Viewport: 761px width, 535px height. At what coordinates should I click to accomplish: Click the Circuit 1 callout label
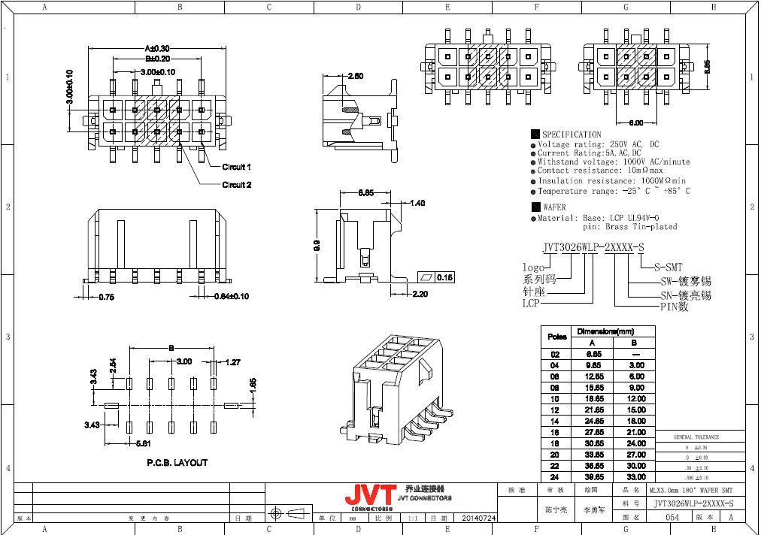pyautogui.click(x=236, y=167)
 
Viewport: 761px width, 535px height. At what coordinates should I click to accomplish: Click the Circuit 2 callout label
pyautogui.click(x=236, y=185)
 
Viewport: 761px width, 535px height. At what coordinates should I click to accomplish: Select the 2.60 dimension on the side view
pyautogui.click(x=355, y=76)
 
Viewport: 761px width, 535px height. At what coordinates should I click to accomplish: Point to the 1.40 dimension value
pyautogui.click(x=418, y=203)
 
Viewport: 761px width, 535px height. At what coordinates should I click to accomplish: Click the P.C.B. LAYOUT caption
pyautogui.click(x=177, y=463)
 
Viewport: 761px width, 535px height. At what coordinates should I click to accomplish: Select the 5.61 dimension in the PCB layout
pyautogui.click(x=142, y=443)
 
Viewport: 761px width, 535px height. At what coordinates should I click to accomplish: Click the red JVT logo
pyautogui.click(x=370, y=495)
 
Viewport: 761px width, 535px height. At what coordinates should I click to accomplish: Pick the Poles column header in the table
pyautogui.click(x=557, y=337)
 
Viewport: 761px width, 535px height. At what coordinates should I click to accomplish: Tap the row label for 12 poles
pyautogui.click(x=555, y=410)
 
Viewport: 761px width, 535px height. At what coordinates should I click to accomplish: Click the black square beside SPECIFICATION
pyautogui.click(x=535, y=135)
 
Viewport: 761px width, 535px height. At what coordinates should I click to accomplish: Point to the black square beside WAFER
pyautogui.click(x=535, y=207)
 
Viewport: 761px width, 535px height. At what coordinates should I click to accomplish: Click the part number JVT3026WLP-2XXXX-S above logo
pyautogui.click(x=593, y=247)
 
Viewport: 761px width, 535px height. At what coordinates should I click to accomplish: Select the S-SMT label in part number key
pyautogui.click(x=668, y=267)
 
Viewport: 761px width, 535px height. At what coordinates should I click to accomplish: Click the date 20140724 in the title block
pyautogui.click(x=478, y=518)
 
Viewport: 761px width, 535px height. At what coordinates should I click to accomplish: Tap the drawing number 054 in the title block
pyautogui.click(x=672, y=518)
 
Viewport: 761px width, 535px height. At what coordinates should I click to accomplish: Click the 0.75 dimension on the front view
pyautogui.click(x=106, y=297)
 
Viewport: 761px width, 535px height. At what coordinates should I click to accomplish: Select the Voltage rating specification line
pyautogui.click(x=599, y=144)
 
